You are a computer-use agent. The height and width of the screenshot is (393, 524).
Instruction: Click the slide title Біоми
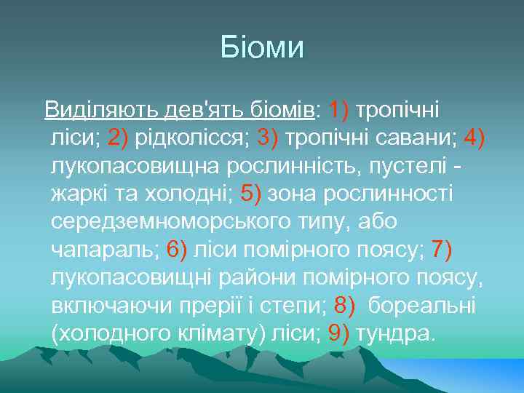coord(261,49)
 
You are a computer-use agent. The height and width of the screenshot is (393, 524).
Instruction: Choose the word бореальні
coord(422,306)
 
